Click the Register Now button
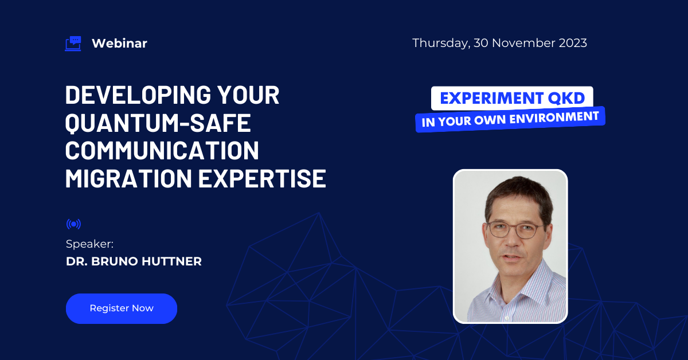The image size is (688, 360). click(122, 308)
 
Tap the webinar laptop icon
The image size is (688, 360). click(73, 44)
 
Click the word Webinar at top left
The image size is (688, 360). click(119, 44)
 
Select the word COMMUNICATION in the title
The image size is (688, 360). click(162, 151)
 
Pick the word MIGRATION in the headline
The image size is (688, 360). click(128, 179)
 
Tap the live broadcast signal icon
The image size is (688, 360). click(73, 224)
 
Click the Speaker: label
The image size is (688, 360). click(89, 244)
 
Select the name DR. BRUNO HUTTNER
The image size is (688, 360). click(134, 262)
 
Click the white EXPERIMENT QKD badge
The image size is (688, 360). click(512, 98)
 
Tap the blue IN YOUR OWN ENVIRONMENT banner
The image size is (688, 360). click(510, 119)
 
